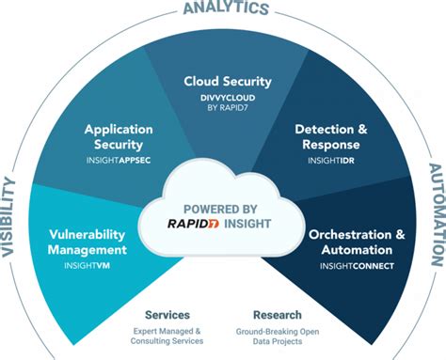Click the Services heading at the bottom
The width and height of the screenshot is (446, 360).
coord(167,315)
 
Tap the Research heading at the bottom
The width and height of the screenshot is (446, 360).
coord(278,315)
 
